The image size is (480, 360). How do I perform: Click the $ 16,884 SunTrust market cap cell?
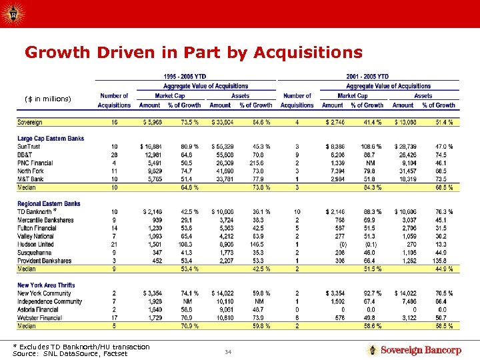click(151, 146)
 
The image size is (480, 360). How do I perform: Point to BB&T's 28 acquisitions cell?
click(114, 153)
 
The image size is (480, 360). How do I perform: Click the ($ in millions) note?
click(47, 99)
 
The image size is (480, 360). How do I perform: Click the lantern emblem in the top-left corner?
click(13, 12)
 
